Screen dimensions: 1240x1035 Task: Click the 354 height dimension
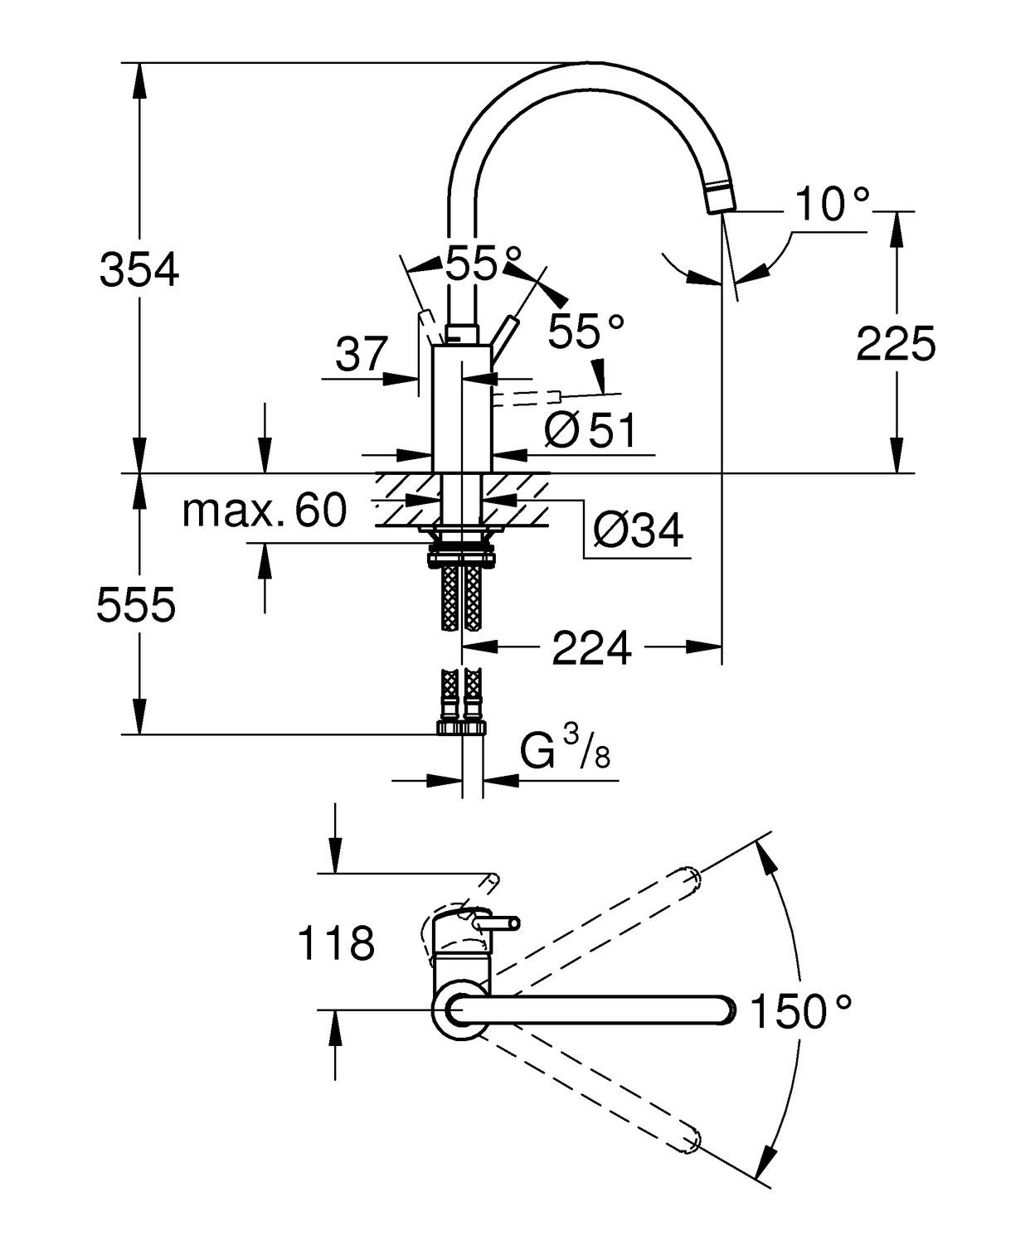138,269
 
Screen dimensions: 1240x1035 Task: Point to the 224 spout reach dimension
591,647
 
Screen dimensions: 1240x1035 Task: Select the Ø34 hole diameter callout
638,530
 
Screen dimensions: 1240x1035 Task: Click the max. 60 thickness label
264,511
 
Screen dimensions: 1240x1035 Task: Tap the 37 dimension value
362,355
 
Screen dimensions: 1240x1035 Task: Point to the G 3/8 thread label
566,748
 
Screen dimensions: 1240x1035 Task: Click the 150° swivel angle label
799,1011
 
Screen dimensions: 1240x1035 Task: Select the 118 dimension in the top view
336,943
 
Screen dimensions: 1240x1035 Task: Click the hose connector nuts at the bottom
461,727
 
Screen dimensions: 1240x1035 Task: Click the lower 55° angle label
586,332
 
